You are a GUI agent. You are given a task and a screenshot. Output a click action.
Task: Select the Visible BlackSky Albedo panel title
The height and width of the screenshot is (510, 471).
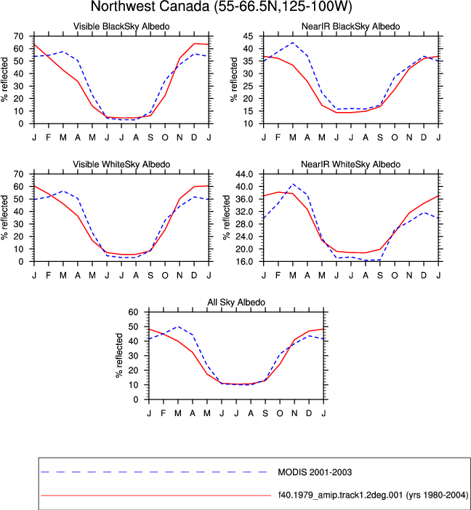point(121,26)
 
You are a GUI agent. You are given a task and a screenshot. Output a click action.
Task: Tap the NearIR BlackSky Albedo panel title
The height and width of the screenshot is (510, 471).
point(351,26)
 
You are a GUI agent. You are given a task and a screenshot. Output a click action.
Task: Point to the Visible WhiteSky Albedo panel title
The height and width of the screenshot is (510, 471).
point(121,164)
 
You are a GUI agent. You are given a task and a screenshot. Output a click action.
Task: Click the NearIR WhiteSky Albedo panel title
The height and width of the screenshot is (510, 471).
point(351,164)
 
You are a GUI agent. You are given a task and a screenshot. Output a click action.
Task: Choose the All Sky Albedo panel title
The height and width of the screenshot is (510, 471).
point(236,302)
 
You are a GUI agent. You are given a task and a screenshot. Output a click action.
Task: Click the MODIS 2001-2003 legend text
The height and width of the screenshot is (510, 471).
point(315,472)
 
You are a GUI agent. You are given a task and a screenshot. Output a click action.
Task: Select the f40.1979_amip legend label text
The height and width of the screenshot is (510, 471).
point(373,495)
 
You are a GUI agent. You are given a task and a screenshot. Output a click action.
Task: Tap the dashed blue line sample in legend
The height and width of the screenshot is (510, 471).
point(154,472)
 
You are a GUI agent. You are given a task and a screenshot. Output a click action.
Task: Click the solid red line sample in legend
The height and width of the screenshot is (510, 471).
point(156,495)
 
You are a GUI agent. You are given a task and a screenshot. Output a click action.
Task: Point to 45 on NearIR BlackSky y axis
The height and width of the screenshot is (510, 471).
point(248,36)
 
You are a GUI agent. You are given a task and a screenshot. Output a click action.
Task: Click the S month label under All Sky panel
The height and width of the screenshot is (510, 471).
point(265,413)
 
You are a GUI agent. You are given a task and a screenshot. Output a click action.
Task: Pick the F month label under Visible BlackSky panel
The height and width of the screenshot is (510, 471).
point(49,138)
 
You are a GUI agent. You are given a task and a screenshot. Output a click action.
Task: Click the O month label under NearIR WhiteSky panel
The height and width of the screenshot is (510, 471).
point(395,276)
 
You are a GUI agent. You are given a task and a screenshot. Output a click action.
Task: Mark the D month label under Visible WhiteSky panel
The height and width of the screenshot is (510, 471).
point(194,276)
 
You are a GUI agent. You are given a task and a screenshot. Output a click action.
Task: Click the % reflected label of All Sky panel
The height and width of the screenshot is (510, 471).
point(119,356)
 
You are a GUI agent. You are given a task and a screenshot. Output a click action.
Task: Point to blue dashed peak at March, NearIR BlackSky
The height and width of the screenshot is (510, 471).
point(292,43)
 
